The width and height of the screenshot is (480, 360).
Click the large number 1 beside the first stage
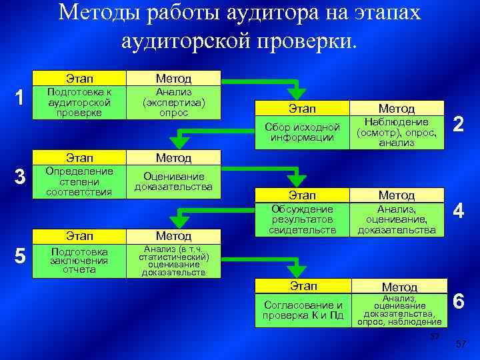pos(21,97)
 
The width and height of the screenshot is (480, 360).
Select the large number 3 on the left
pos(21,178)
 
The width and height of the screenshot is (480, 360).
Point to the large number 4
pos(458,212)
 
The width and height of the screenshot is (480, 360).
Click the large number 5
pos(21,257)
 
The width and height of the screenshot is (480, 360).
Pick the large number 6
pos(459,301)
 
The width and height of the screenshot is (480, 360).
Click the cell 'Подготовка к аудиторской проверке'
pos(79,102)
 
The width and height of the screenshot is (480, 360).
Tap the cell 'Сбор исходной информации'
pos(303,132)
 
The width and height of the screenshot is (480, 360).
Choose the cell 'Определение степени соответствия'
pos(79,182)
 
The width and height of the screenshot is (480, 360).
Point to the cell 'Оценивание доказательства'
pos(173,182)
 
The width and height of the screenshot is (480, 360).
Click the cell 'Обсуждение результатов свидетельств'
pos(303,219)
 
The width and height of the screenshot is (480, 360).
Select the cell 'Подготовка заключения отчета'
pos(79,261)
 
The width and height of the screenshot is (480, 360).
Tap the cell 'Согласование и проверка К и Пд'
pos(303,310)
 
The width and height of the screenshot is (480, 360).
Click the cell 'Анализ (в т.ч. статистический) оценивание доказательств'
pos(173,261)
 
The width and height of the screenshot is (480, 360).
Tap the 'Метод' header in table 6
pos(399,287)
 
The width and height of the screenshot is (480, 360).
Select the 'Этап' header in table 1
pos(79,78)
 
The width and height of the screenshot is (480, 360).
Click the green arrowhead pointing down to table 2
pos(297,93)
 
